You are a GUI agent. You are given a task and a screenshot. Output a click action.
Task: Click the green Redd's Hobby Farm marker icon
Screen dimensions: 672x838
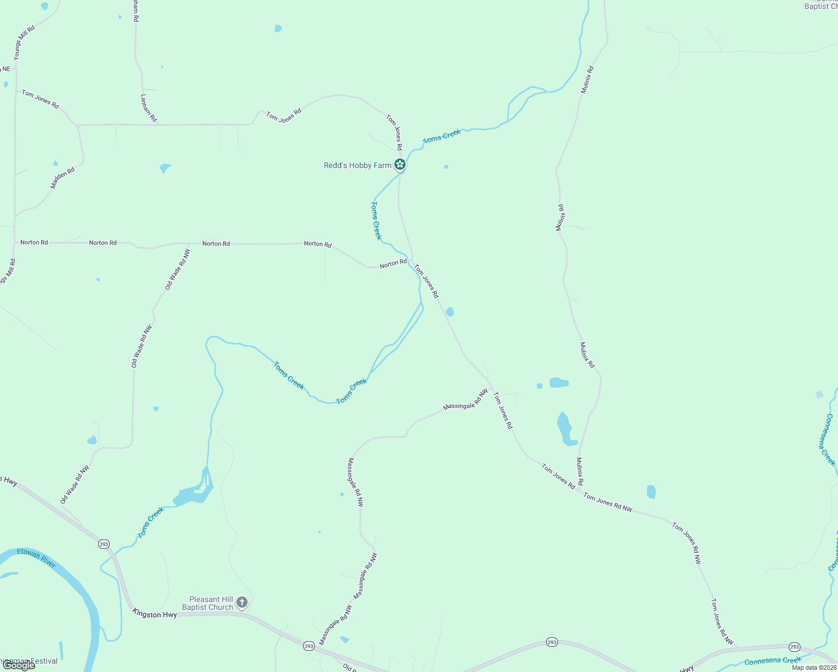pos(399,165)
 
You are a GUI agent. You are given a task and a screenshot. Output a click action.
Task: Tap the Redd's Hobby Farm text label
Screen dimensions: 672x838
pos(357,165)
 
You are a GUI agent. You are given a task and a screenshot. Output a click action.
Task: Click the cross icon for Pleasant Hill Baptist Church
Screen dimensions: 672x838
pos(242,603)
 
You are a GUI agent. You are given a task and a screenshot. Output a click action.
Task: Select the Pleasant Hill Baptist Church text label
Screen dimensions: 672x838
pos(207,603)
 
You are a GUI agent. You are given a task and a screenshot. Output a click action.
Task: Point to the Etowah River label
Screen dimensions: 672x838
pos(36,558)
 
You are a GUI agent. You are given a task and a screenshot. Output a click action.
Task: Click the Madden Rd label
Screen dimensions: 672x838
pos(62,178)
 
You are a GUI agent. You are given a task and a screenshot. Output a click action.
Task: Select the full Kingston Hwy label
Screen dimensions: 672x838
pos(155,614)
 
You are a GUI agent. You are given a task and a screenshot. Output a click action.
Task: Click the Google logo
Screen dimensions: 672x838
pos(18,665)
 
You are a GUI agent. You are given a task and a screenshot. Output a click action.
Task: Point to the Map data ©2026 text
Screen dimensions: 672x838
pos(814,668)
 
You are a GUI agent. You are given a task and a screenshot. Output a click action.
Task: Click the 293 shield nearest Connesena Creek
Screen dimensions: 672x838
pos(794,647)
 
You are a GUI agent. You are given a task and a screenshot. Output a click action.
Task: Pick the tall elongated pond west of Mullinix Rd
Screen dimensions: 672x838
pos(566,429)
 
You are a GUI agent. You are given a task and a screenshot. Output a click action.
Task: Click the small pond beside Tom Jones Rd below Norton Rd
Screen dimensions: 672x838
pos(450,312)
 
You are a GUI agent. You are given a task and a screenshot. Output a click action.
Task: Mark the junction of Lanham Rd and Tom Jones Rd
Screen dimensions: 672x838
pos(159,124)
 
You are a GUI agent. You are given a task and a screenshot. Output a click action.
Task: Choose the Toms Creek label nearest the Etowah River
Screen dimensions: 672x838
pos(151,522)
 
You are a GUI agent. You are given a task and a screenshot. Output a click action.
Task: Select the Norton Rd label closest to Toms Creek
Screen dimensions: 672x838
pos(393,263)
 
